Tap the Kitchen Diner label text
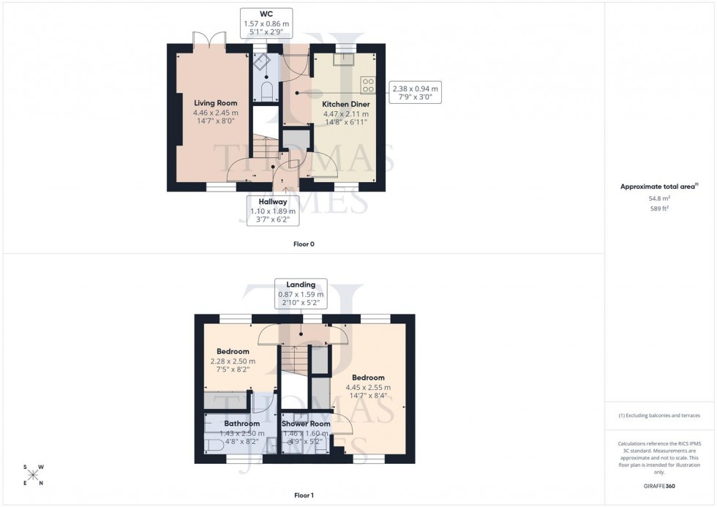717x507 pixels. tap(345, 104)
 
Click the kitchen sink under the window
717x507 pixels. tap(344, 59)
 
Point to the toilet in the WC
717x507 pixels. tap(266, 93)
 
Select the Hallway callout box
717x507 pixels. tap(271, 211)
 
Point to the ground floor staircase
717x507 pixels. tap(264, 146)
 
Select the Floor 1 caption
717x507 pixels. tap(303, 495)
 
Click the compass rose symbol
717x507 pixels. tap(33, 474)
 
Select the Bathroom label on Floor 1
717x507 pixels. tap(241, 424)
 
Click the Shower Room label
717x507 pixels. tap(306, 424)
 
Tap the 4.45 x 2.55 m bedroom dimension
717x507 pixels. tap(369, 388)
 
